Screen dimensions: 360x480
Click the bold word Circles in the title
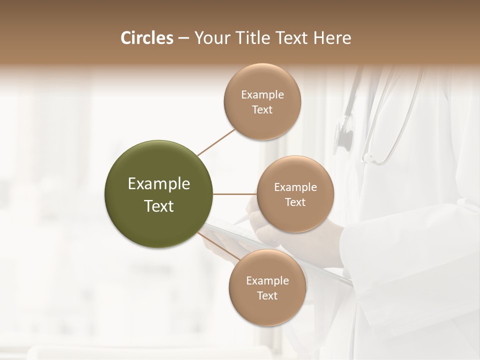click(x=147, y=38)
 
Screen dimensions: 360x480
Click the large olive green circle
click(x=159, y=165)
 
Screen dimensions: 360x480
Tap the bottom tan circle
click(x=267, y=310)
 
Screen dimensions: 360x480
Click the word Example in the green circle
click(x=159, y=184)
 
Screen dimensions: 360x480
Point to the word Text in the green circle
click(x=159, y=206)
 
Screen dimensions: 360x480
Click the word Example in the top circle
click(x=262, y=95)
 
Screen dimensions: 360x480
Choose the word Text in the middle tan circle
click(x=295, y=202)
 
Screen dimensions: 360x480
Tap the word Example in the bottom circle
click(x=267, y=281)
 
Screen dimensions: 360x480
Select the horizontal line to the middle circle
click(x=235, y=194)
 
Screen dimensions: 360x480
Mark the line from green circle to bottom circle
click(x=220, y=246)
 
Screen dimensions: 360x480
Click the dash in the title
click(x=183, y=38)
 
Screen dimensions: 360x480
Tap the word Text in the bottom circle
click(x=267, y=296)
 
